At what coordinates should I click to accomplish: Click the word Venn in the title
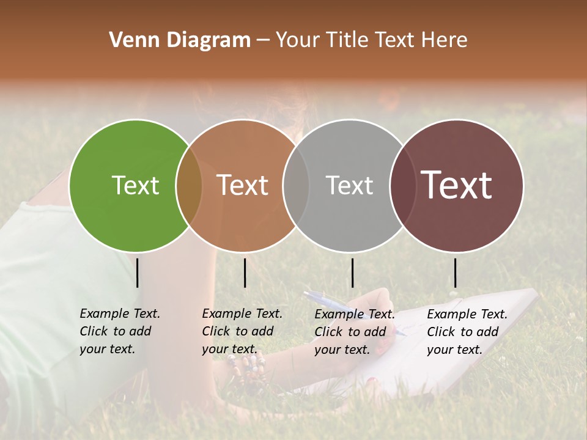point(128,40)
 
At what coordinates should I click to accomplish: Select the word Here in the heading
point(445,40)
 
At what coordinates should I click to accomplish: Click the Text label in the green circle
point(135,185)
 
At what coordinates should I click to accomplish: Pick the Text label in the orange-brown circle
point(243,185)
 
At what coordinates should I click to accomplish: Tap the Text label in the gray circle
point(349,185)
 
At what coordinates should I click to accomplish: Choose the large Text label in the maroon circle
point(457,185)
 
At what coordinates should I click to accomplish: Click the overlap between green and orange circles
point(189,185)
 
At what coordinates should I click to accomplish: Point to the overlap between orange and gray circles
point(296,185)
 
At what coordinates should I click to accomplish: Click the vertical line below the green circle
point(137,273)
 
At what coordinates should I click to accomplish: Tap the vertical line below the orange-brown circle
point(245,273)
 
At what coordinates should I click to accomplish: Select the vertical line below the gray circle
point(352,273)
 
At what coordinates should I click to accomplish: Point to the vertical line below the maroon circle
point(455,273)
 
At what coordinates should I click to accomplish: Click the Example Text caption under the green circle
point(119,331)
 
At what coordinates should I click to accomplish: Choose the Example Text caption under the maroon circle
point(467,332)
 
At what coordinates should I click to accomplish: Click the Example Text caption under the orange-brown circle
point(242,331)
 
